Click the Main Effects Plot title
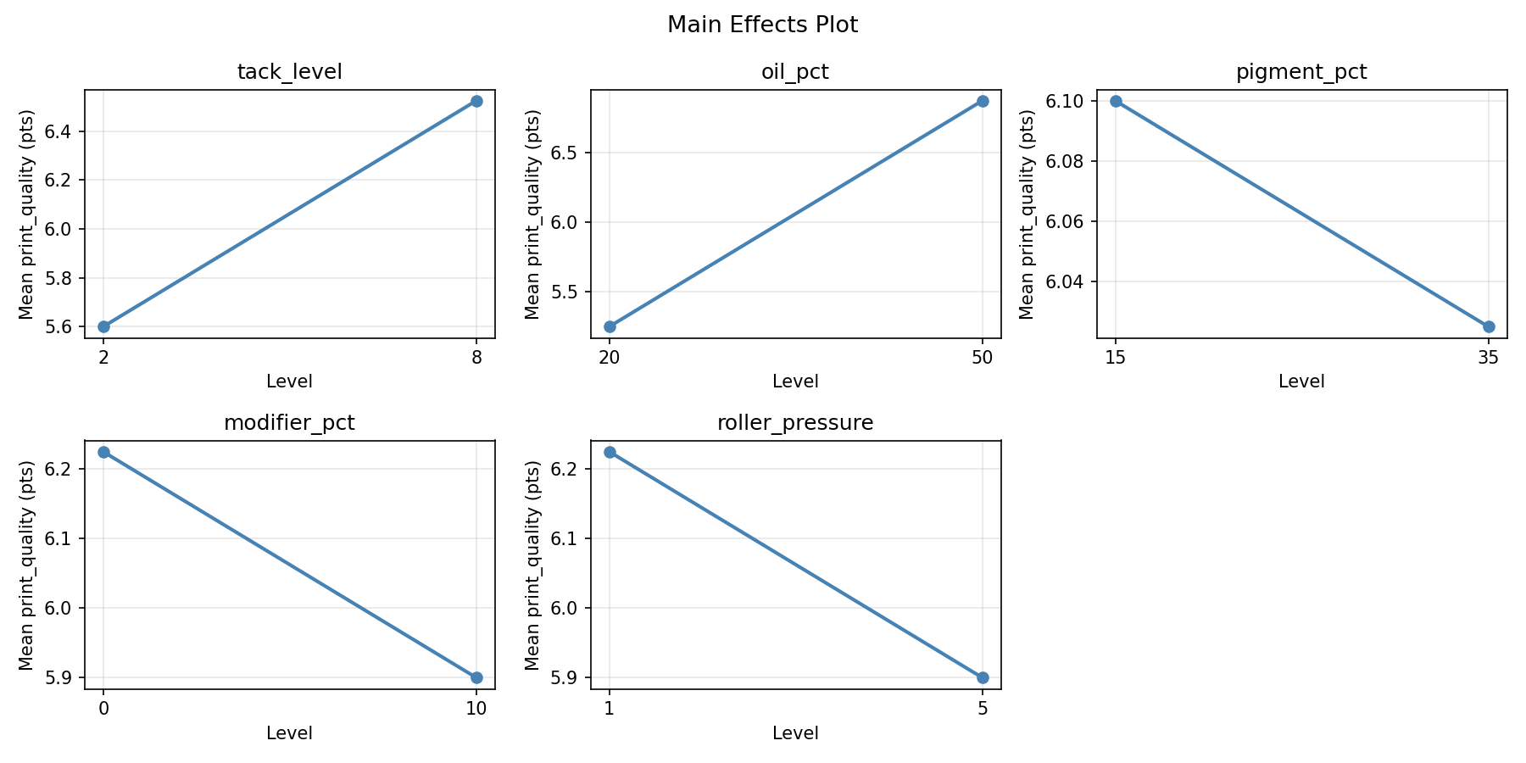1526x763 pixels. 762,25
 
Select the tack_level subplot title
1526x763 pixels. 289,72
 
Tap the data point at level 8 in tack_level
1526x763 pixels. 476,101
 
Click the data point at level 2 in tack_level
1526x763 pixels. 103,326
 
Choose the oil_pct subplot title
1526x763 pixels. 795,72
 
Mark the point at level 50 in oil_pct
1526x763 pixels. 983,101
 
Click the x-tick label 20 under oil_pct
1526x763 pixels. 610,358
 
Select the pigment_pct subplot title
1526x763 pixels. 1301,72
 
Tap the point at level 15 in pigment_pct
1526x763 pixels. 1116,101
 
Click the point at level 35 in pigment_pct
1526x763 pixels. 1489,326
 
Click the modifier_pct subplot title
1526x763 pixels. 289,423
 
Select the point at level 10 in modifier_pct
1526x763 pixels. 476,677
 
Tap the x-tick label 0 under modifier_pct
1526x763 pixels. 103,709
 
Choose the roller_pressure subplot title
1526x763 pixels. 795,423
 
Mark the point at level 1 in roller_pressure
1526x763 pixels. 610,452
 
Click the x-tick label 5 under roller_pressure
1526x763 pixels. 983,709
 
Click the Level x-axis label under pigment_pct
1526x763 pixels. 1301,381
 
